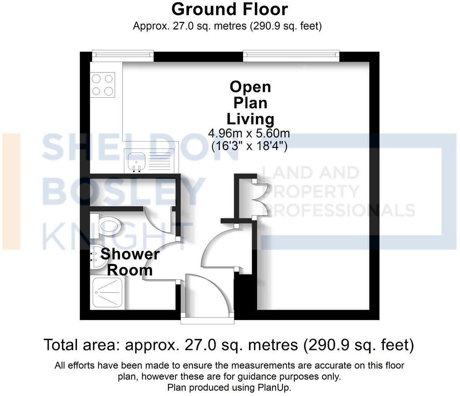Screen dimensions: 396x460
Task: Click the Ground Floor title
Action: tap(230, 9)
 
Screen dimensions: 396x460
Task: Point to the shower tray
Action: tap(108, 293)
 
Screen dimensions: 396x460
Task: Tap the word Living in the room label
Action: tap(250, 119)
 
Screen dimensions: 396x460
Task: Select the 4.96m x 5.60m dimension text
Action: tap(249, 134)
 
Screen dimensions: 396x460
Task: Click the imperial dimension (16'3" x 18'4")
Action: tap(249, 146)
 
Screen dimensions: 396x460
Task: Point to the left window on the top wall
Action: tap(122, 55)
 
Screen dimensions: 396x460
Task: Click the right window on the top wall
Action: tap(291, 55)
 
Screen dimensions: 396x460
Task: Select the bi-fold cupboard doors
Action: tap(263, 196)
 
